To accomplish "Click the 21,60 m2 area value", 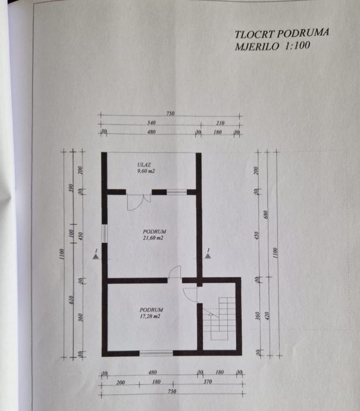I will point(153,238).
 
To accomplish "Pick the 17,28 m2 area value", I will point(151,317).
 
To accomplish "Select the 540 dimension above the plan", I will point(151,122).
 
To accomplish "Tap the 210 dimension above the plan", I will point(220,122).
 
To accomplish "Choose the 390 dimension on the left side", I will point(71,189).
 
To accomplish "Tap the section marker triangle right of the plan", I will point(208,255).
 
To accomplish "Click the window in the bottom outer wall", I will point(156,353).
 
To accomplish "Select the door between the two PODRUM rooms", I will point(174,274).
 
